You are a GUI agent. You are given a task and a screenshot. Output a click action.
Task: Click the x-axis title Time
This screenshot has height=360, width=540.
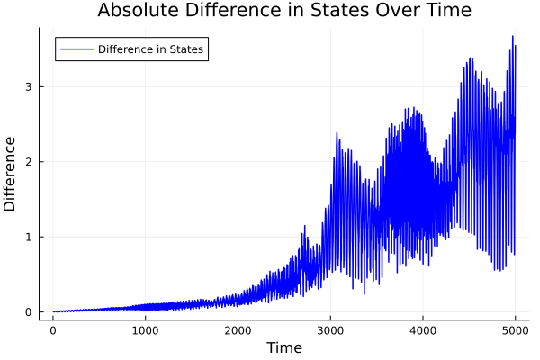coord(283,347)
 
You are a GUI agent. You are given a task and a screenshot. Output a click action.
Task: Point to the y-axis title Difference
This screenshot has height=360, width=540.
coord(11,174)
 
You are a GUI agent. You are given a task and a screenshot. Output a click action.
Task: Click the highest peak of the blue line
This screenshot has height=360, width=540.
coord(512,37)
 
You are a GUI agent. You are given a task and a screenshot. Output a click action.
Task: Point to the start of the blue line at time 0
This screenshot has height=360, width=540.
coord(53,311)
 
